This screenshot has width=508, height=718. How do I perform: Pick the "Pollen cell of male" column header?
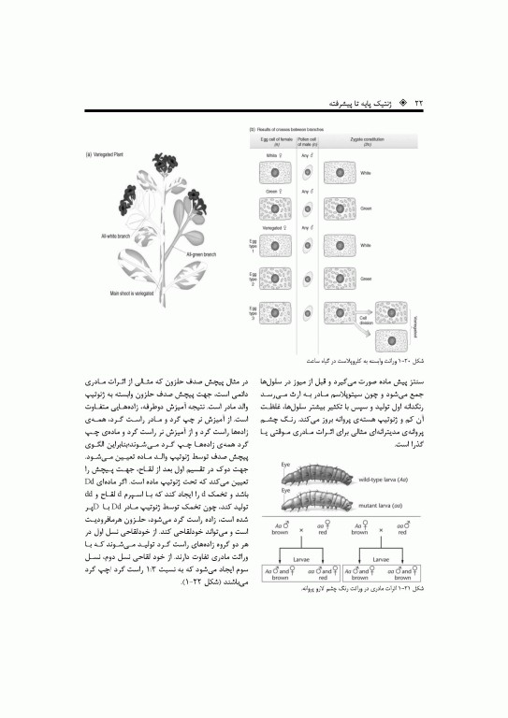pyautogui.click(x=306, y=137)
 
